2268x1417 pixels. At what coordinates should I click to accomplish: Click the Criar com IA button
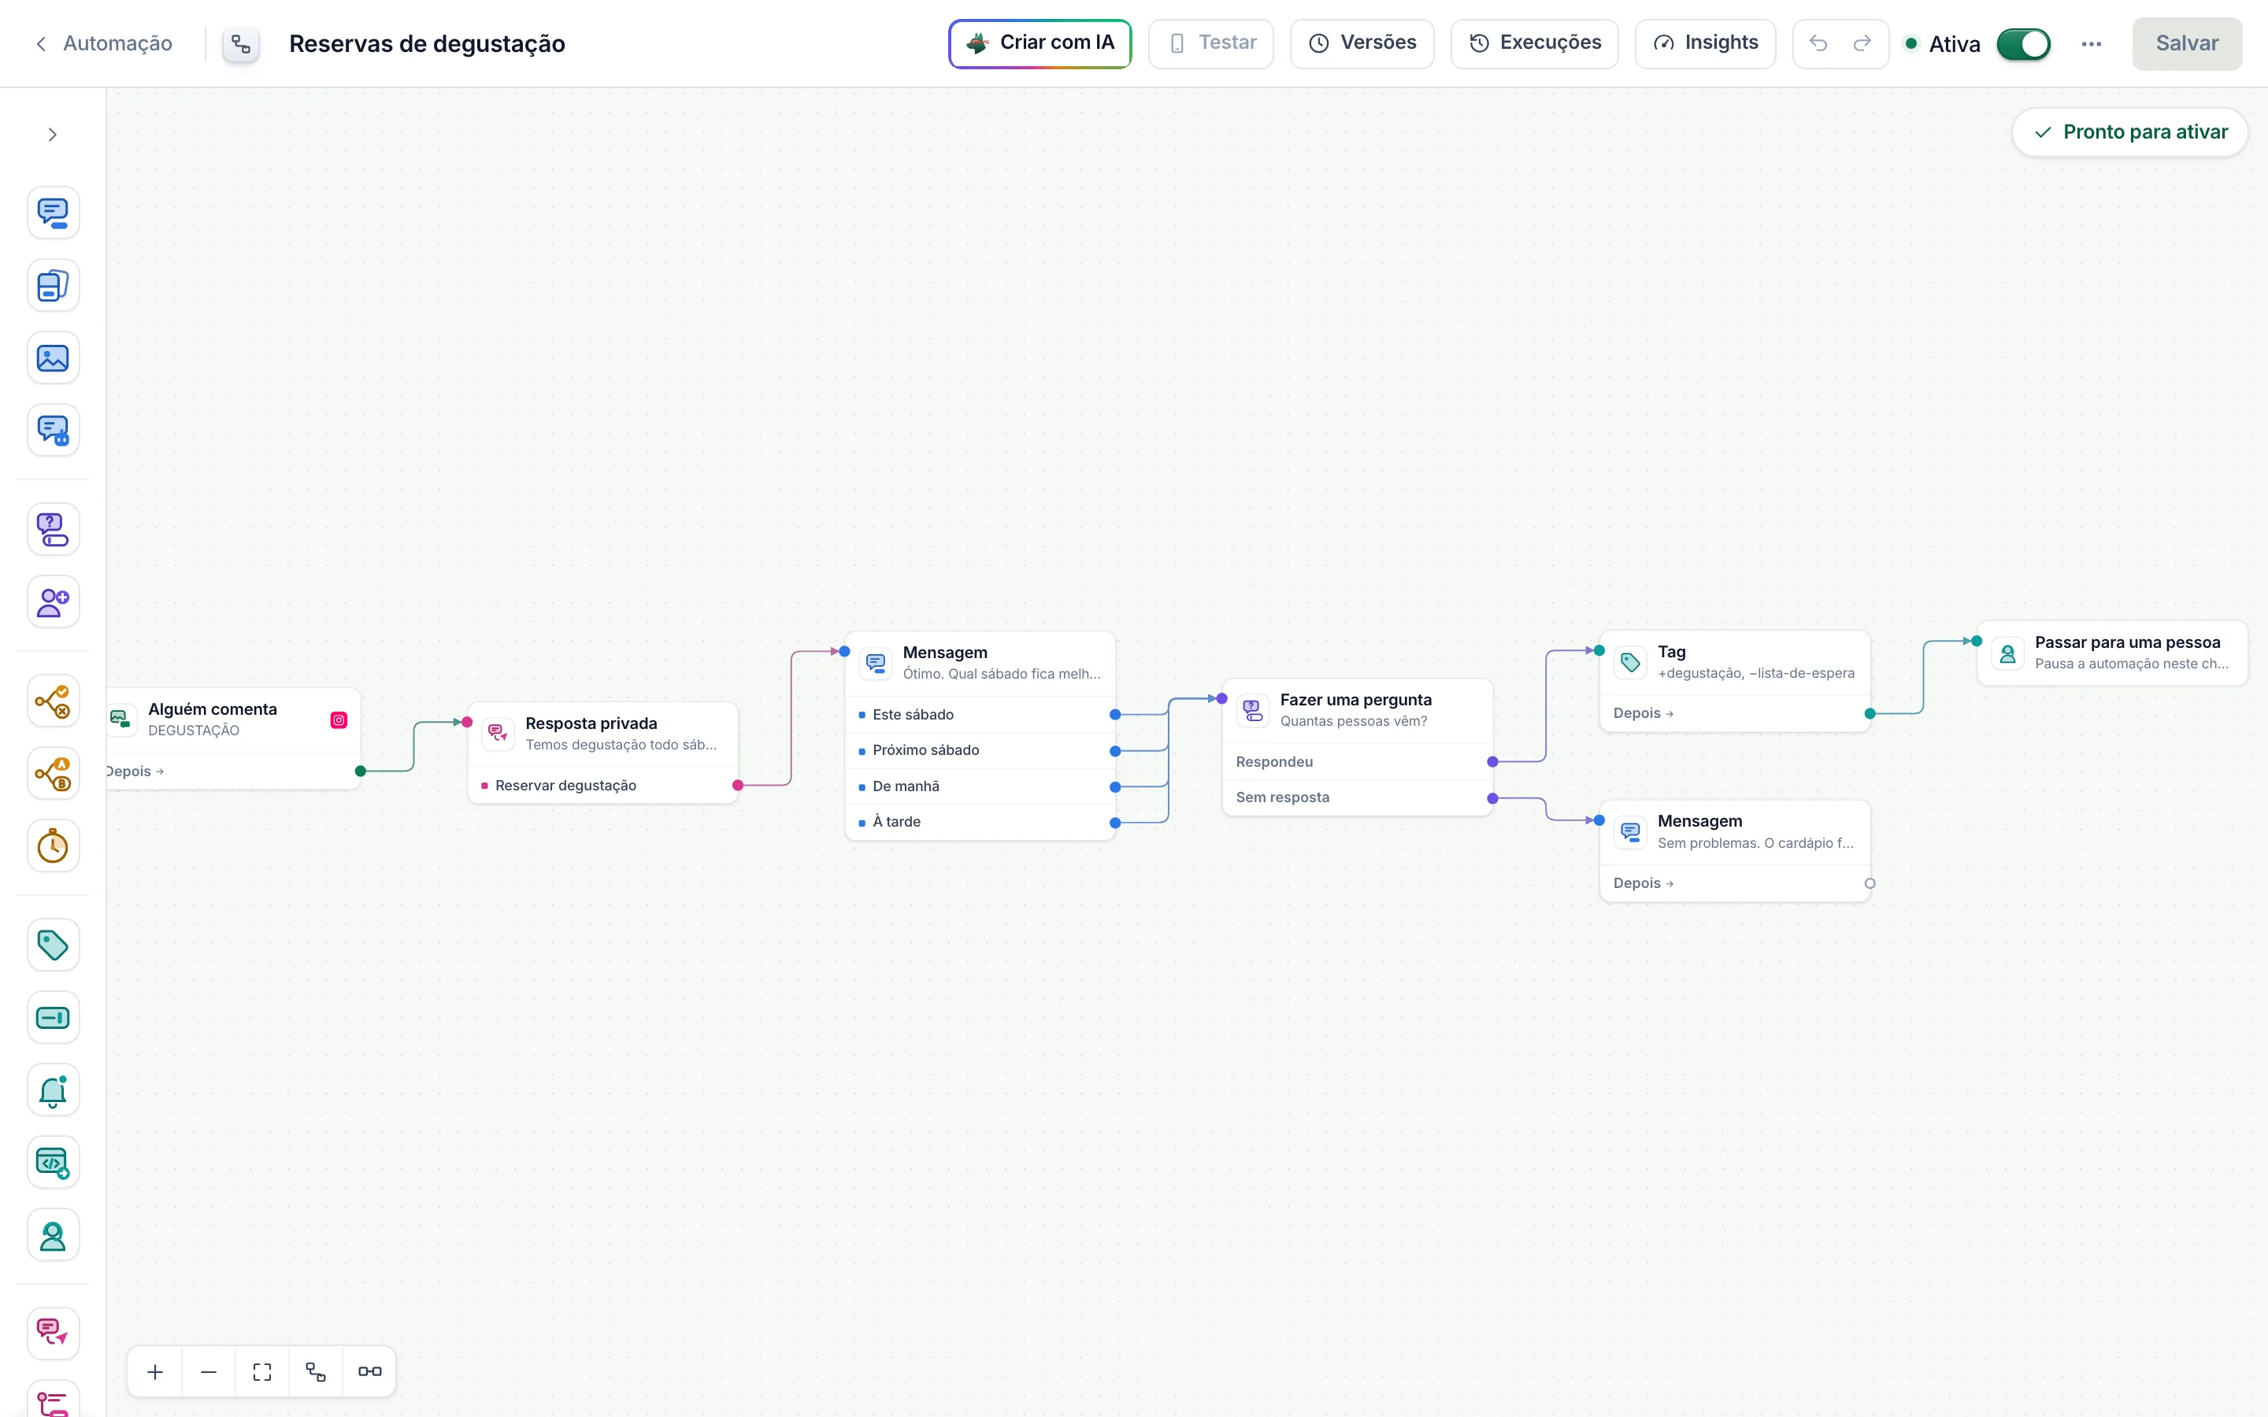pyautogui.click(x=1039, y=43)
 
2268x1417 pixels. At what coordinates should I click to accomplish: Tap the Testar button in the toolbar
pyautogui.click(x=1211, y=43)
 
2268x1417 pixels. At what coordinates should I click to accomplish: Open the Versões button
pyautogui.click(x=1362, y=43)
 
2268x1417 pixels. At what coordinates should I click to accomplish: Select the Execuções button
pyautogui.click(x=1534, y=43)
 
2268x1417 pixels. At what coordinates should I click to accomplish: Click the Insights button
pyautogui.click(x=1705, y=43)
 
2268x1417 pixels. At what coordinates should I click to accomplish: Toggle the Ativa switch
pyautogui.click(x=2023, y=44)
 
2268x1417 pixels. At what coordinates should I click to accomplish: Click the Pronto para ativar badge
pyautogui.click(x=2129, y=132)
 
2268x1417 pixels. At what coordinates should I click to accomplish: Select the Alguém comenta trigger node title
pyautogui.click(x=213, y=708)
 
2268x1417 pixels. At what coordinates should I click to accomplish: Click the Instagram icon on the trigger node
pyautogui.click(x=339, y=720)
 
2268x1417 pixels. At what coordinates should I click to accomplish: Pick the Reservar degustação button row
pyautogui.click(x=602, y=786)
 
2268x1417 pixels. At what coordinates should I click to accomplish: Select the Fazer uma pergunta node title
pyautogui.click(x=1355, y=699)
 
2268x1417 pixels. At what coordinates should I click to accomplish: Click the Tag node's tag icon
pyautogui.click(x=1631, y=663)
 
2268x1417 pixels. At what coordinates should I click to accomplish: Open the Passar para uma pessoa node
pyautogui.click(x=2112, y=653)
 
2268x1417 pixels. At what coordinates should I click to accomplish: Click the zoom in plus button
pyautogui.click(x=156, y=1372)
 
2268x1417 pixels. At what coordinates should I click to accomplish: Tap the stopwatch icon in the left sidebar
pyautogui.click(x=54, y=846)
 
